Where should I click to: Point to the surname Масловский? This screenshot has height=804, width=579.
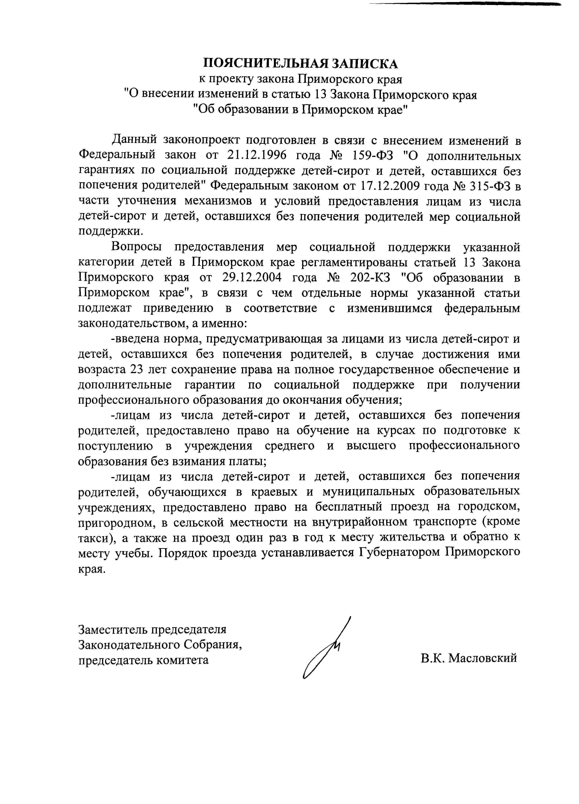tap(482, 658)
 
